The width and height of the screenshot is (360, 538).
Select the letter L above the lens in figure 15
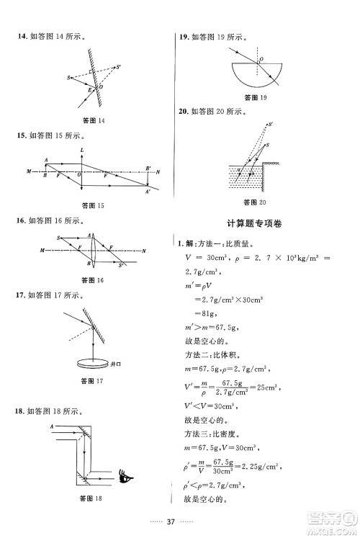(x=83, y=149)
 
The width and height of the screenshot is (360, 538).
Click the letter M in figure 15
(x=28, y=172)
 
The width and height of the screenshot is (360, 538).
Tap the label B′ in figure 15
(x=148, y=167)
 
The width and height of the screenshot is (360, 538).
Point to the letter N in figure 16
(x=145, y=250)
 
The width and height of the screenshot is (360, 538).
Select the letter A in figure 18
(x=52, y=427)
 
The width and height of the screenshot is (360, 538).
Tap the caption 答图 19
(x=256, y=97)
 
